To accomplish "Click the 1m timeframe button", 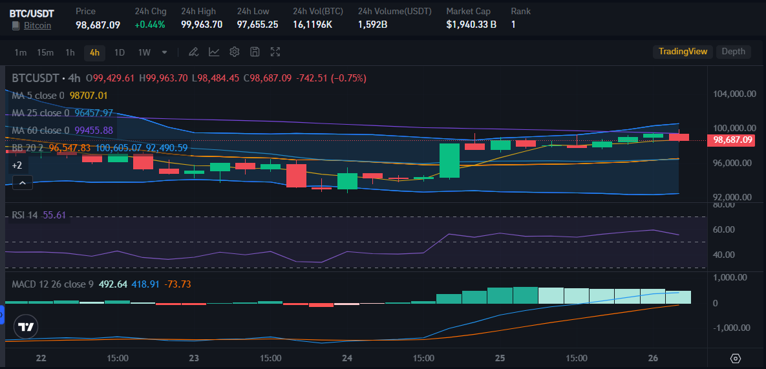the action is (20, 52).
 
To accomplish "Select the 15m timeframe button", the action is (45, 52).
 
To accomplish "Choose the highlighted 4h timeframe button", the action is (95, 53).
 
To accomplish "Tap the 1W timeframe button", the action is (144, 52).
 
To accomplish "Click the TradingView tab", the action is (683, 52).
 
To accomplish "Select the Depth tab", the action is (733, 52).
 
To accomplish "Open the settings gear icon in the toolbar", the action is (235, 52).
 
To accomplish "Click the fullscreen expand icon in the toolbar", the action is (275, 52).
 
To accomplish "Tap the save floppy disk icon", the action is (255, 52).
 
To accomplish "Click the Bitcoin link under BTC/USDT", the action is (37, 25).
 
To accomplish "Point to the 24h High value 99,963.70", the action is (202, 25).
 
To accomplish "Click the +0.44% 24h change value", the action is (150, 25).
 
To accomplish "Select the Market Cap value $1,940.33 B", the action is (471, 25).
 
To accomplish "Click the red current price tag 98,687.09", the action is (731, 140).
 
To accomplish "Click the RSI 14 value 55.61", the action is (54, 215).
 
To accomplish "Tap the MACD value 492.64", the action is (112, 284).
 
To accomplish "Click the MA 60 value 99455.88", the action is (94, 131).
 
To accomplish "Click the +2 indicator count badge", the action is (17, 165).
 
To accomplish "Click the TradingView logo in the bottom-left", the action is (25, 327).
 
